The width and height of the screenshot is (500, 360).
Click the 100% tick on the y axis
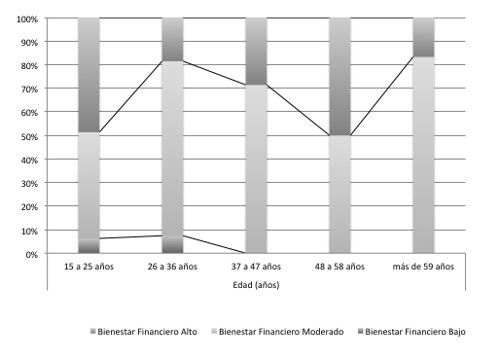(26, 18)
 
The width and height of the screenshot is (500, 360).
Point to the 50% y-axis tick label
(29, 136)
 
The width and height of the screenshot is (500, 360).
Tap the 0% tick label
(31, 254)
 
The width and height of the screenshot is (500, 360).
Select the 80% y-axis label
(29, 65)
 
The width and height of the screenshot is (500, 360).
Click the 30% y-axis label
(29, 183)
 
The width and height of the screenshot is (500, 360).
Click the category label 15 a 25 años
(89, 266)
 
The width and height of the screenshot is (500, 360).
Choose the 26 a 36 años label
(172, 266)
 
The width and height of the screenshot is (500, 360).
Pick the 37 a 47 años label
(256, 266)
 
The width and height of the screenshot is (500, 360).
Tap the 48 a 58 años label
(339, 266)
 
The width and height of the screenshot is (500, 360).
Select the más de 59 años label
(423, 266)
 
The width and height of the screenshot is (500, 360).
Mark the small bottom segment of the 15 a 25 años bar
(89, 246)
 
